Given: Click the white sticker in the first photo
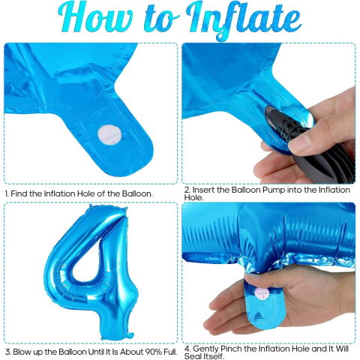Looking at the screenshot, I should click(x=110, y=136).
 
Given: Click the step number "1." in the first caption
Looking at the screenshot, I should click(x=7, y=193).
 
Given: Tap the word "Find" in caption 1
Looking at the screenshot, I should click(x=20, y=193).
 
